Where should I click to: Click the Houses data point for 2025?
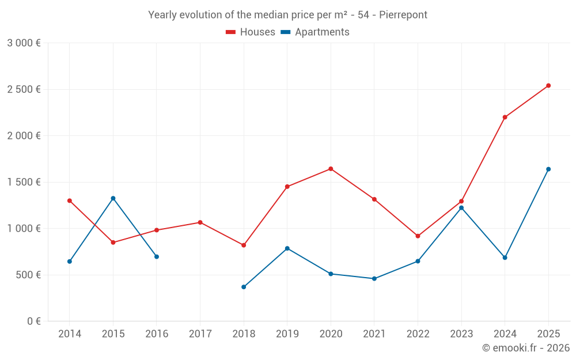coord(548,86)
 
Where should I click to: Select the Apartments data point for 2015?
coord(113,198)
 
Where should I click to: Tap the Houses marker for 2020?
coord(331,169)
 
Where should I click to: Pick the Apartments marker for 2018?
coord(244,287)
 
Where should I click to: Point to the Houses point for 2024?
coord(505,118)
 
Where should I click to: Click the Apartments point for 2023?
coord(461,208)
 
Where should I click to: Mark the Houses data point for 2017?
coord(200,222)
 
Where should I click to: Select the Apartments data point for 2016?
coord(157,257)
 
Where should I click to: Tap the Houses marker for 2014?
coord(70,201)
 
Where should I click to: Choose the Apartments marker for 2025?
coord(548,169)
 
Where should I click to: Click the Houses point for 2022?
coord(418,236)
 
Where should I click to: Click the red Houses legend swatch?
coord(230,32)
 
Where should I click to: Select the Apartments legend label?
coord(322,32)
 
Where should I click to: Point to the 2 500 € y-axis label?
coord(24,89)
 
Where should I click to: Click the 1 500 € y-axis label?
coord(24,182)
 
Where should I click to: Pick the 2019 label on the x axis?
coord(287,334)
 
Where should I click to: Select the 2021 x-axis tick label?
coord(374,334)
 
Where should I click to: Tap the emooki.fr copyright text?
coord(526,348)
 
